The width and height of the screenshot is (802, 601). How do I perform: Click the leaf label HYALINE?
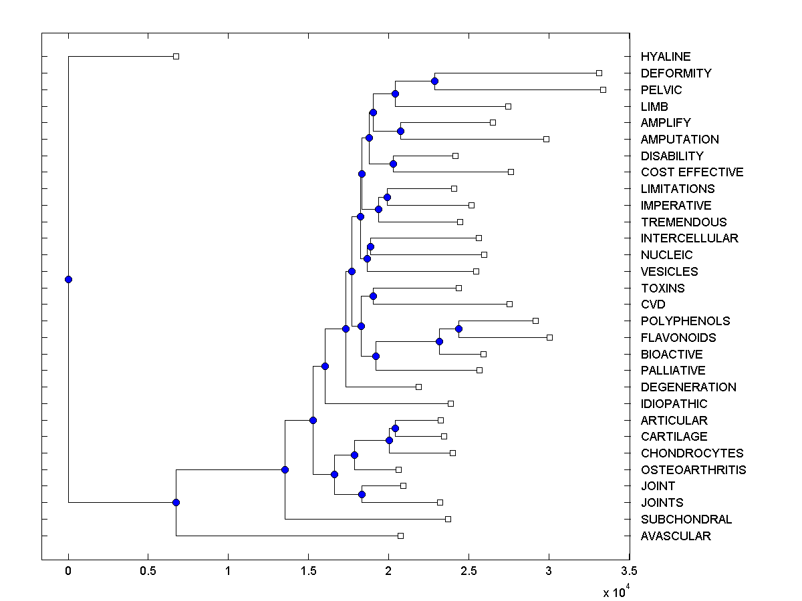click(x=666, y=57)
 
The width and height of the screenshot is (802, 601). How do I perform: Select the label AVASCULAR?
click(x=676, y=536)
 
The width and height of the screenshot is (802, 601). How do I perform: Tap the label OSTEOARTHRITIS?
click(x=693, y=470)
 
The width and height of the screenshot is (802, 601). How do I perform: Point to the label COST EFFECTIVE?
click(x=692, y=172)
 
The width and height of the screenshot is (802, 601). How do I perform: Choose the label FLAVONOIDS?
click(x=678, y=338)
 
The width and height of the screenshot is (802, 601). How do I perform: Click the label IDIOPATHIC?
click(x=674, y=404)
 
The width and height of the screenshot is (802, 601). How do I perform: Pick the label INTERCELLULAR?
click(x=689, y=238)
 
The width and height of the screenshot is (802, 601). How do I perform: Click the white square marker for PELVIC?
click(x=603, y=89)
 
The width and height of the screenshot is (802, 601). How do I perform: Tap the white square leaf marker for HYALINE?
click(x=176, y=56)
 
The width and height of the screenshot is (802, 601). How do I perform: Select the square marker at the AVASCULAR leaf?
click(x=400, y=536)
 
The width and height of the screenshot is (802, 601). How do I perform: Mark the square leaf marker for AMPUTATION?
click(x=546, y=139)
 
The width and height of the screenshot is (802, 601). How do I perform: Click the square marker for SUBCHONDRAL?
click(x=448, y=519)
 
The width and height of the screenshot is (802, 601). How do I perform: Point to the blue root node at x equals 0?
click(x=68, y=279)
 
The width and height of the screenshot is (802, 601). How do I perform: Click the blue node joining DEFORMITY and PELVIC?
click(x=434, y=81)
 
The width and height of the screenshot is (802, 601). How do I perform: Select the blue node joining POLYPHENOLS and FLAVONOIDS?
click(x=458, y=329)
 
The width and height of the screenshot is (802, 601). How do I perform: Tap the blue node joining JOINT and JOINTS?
click(x=362, y=494)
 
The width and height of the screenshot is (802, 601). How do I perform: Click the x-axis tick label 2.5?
click(x=469, y=572)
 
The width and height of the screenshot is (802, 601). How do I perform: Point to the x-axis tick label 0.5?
click(x=148, y=572)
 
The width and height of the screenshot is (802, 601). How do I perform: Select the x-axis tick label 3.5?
click(x=629, y=572)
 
